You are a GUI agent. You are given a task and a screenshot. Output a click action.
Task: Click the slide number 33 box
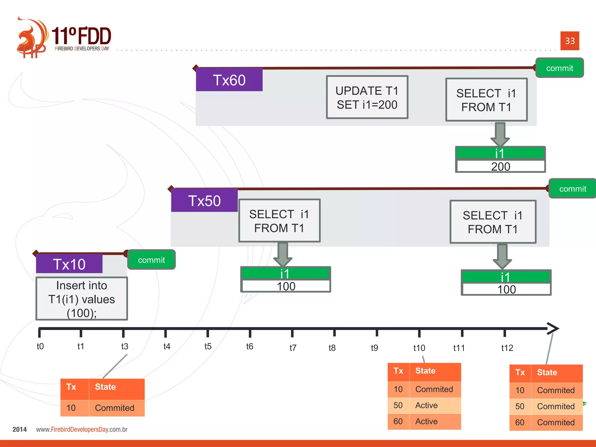click(570, 41)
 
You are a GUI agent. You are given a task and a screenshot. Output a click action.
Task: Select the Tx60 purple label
click(229, 80)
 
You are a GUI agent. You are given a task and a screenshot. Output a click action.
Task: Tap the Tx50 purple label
click(204, 201)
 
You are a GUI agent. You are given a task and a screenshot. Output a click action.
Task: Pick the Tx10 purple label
click(69, 264)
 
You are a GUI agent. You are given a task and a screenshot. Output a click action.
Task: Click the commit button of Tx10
click(151, 260)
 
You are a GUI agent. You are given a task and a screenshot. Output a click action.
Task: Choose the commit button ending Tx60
click(559, 68)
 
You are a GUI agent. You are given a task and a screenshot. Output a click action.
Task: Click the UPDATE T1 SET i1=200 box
click(367, 97)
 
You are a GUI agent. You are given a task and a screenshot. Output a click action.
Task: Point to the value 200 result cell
click(500, 166)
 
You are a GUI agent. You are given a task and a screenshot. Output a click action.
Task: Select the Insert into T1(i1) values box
click(81, 299)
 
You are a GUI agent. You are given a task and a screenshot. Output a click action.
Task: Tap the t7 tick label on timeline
click(293, 348)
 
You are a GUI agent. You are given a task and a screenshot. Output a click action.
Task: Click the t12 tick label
click(507, 348)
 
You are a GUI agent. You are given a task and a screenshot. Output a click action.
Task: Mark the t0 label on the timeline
click(40, 346)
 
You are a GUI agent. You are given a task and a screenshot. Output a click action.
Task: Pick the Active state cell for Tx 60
click(435, 421)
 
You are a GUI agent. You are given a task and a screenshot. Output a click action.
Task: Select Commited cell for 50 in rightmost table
click(556, 406)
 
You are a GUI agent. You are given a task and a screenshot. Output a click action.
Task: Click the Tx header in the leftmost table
click(71, 387)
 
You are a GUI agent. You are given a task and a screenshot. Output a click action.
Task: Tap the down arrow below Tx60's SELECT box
click(500, 134)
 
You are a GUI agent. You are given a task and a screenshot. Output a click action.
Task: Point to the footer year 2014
click(19, 430)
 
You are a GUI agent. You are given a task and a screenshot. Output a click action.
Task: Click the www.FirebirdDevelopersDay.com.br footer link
click(82, 430)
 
